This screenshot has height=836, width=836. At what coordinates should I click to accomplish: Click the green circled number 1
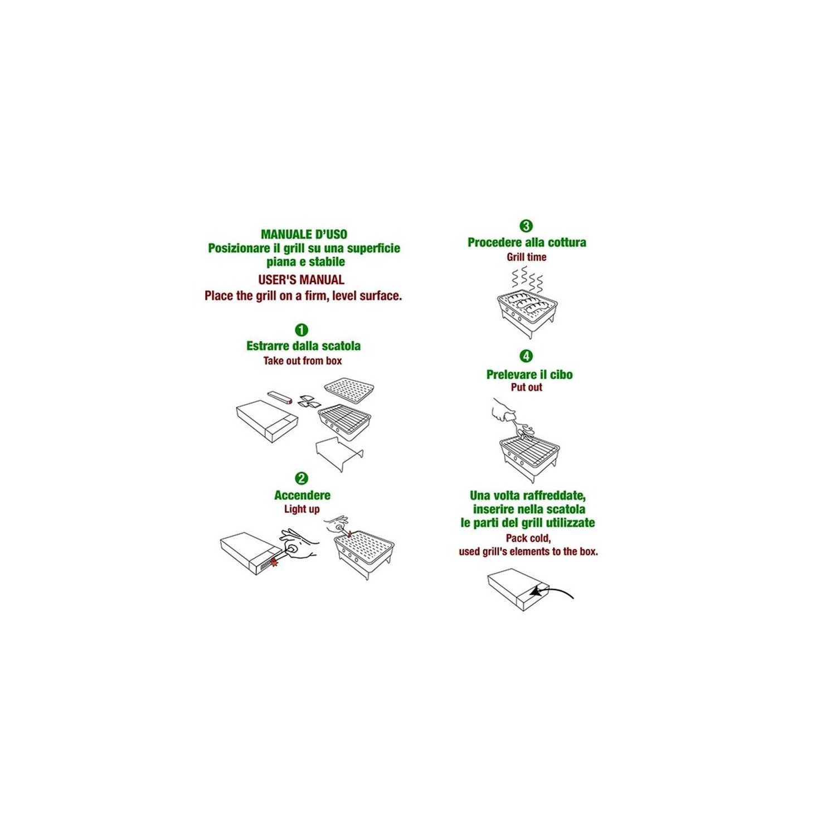(302, 330)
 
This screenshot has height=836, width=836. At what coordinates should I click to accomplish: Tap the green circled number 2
(302, 478)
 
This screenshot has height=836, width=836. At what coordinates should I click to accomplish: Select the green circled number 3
(526, 226)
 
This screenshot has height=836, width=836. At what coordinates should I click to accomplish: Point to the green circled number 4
(526, 356)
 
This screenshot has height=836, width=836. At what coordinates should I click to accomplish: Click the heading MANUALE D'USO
(304, 235)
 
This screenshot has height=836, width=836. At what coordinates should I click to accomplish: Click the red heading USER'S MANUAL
(302, 280)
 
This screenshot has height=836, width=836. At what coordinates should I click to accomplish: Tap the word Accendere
(302, 495)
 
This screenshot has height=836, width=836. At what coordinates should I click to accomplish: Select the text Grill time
(527, 257)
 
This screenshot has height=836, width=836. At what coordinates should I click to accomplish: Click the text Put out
(527, 387)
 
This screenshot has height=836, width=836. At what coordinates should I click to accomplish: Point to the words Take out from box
(303, 361)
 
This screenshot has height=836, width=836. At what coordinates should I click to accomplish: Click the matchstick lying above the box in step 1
(280, 397)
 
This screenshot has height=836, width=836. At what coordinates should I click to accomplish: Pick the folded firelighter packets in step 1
(308, 401)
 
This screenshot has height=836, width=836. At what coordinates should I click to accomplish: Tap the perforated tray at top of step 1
(349, 390)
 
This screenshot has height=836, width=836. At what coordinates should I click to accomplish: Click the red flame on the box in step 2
(274, 561)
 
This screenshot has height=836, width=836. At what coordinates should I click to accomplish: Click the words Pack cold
(528, 538)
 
